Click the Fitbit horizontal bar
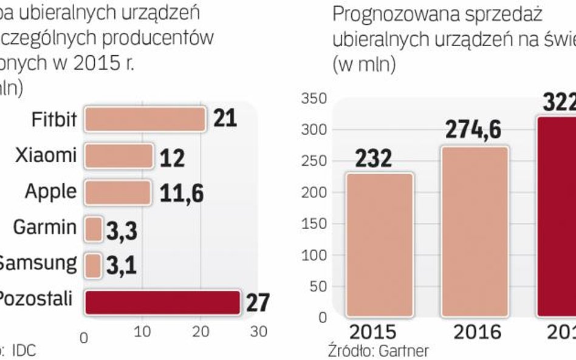pyautogui.click(x=145, y=120)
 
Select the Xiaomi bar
pyautogui.click(x=118, y=156)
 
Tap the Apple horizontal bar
pyautogui.click(x=117, y=192)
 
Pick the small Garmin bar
pyautogui.click(x=94, y=229)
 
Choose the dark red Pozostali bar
pyautogui.click(x=162, y=302)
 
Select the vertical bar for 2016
pyautogui.click(x=475, y=231)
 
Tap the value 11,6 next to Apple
pyautogui.click(x=181, y=194)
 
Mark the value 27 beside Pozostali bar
pyautogui.click(x=258, y=302)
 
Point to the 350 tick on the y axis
pyautogui.click(x=314, y=98)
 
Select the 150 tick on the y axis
pyautogui.click(x=314, y=223)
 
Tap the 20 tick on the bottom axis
pyautogui.click(x=201, y=333)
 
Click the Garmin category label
pyautogui.click(x=45, y=228)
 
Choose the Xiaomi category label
pyautogui.click(x=46, y=155)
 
